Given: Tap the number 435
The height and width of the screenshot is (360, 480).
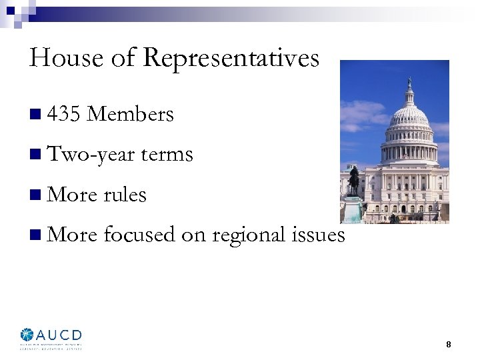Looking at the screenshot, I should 65,115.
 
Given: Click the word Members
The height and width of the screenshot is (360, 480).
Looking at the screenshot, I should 131,115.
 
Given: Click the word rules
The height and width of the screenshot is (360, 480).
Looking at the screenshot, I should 125,195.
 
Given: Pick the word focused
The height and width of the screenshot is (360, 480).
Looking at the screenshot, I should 140,235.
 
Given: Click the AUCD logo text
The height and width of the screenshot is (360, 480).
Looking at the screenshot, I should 61,335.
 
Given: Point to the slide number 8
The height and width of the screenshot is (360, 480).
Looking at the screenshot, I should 449,345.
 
